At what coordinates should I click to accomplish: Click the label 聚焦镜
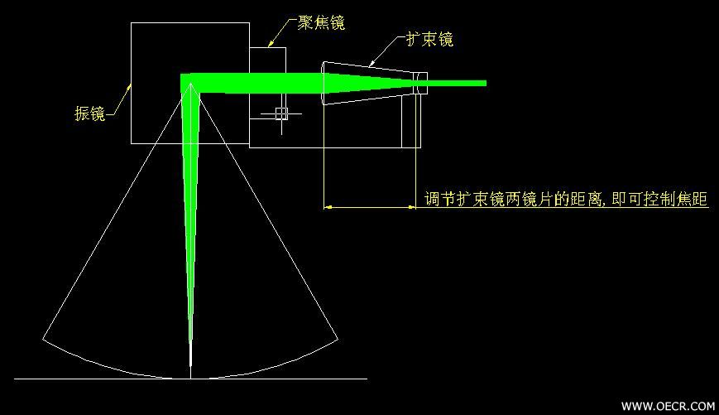point(321,22)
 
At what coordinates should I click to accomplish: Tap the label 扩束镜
point(429,40)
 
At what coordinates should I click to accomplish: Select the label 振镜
point(90,113)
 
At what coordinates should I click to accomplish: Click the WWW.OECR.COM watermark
point(668,406)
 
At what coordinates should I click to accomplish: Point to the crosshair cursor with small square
point(281,113)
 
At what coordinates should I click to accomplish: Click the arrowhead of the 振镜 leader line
point(129,86)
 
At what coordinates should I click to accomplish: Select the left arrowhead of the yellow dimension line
point(328,207)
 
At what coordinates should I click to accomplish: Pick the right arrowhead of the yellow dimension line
point(412,207)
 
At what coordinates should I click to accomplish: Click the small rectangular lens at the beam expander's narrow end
point(420,83)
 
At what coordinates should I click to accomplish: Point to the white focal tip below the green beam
point(191,360)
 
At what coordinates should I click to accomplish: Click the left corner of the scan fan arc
point(43,340)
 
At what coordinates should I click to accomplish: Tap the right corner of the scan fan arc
point(338,340)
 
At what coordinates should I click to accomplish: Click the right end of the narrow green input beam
point(486,83)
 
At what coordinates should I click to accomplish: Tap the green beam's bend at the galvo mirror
point(189,83)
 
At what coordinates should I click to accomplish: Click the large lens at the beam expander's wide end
point(324,83)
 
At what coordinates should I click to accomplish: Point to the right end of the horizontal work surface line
point(367,379)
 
